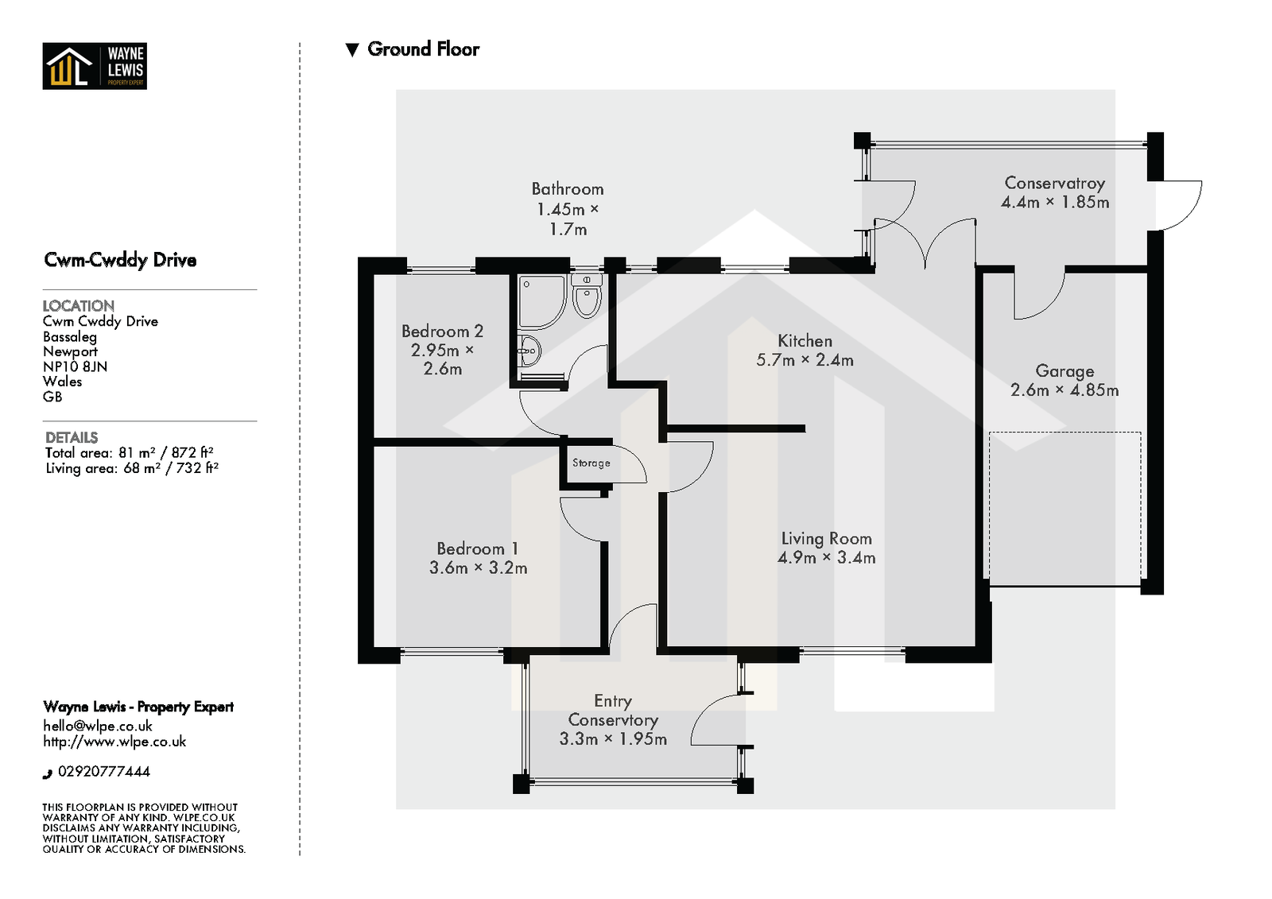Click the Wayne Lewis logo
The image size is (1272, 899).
pos(95,66)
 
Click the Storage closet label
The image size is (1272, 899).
pos(591,463)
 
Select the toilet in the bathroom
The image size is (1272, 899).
pos(587,296)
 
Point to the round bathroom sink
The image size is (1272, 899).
pos(529,351)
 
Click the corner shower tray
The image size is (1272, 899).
pos(541,302)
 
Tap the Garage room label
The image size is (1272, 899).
pos(1065,371)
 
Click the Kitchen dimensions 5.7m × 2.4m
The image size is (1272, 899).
pos(805,360)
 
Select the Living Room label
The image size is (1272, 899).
pos(826,538)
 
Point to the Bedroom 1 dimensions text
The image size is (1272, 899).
pos(478,568)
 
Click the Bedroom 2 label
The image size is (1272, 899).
pos(442,331)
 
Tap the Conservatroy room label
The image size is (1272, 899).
pos(1054,184)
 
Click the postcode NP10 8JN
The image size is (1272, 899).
pos(75,367)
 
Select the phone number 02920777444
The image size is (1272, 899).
pos(104,772)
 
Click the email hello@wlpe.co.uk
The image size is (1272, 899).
pos(98,727)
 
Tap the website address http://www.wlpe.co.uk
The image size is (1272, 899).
pos(114,742)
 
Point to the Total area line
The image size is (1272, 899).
pos(130,452)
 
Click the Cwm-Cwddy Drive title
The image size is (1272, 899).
pos(120,260)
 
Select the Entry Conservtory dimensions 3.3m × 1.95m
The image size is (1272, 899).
pos(613,739)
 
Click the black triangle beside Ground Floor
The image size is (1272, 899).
pos(352,50)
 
